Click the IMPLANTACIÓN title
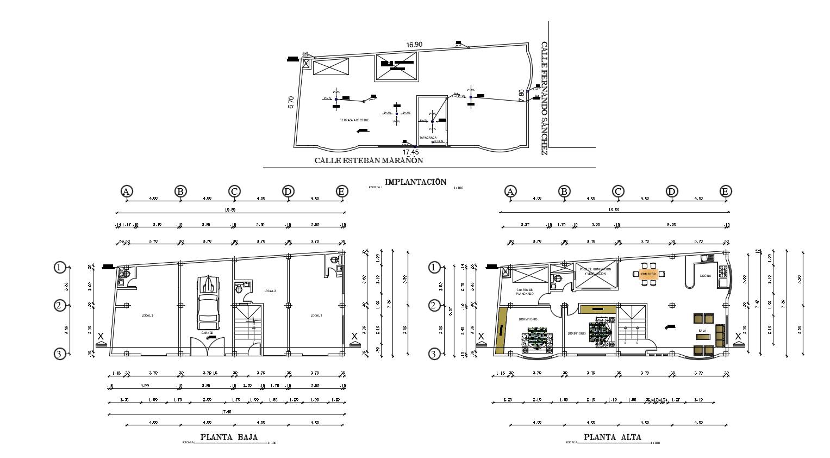point(415,182)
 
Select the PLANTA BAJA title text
point(229,437)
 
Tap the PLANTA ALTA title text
point(613,437)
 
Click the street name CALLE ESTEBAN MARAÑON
point(369,160)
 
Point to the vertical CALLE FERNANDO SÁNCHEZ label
point(544,98)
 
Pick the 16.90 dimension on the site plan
point(414,45)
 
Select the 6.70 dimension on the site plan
point(291,102)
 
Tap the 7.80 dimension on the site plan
point(522,96)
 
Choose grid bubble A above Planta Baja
point(126,191)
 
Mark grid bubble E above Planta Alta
point(725,191)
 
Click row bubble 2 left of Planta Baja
point(59,306)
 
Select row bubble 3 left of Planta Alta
point(433,354)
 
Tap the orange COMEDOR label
point(648,274)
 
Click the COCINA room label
point(705,276)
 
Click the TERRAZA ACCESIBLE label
point(354,120)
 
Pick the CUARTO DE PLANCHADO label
point(525,292)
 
